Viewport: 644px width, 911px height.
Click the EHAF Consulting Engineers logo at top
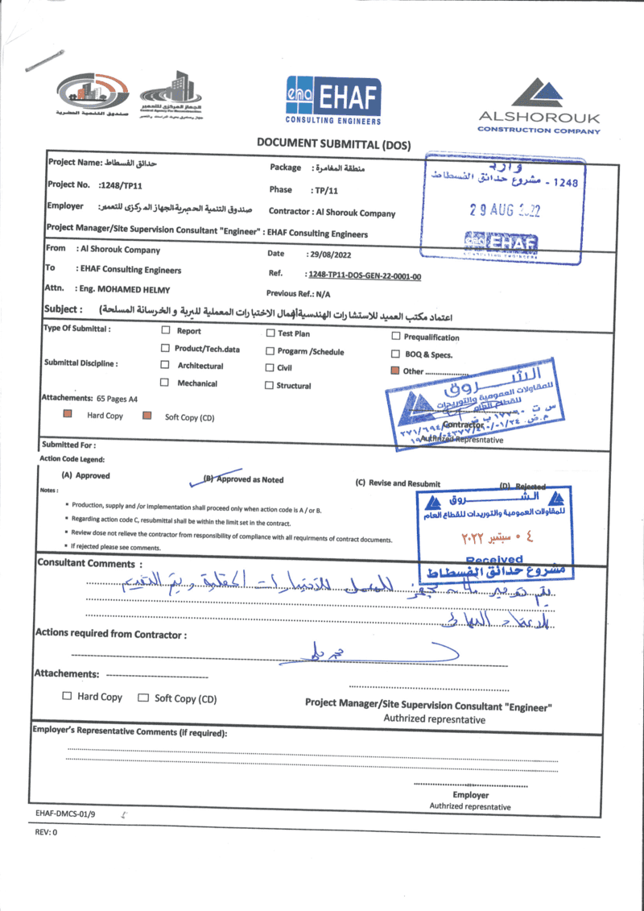332,102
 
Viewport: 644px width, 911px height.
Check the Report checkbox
165,330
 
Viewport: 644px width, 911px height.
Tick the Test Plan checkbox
270,333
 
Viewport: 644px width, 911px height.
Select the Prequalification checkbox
395,337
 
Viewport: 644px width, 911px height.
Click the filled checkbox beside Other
394,371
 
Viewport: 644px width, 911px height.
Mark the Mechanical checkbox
165,383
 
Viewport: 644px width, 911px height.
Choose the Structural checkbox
270,386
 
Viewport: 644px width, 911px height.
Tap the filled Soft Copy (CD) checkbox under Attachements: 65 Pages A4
147,416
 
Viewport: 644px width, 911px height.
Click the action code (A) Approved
86,476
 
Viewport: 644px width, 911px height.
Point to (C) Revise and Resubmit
398,483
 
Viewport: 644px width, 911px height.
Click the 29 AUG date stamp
505,210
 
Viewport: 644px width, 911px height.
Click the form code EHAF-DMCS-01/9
66,814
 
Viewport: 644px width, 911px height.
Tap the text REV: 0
46,832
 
